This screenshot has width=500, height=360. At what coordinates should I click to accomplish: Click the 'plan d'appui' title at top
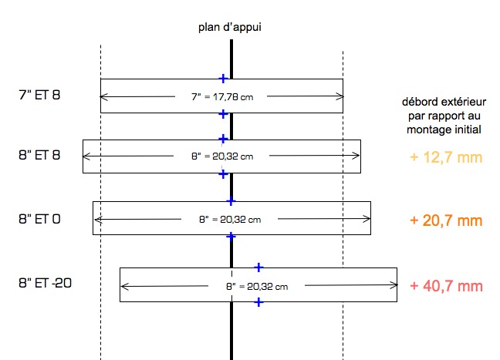tap(231, 29)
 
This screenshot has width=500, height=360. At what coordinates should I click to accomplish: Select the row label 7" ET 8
tap(39, 96)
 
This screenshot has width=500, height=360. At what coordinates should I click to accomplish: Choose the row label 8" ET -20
tap(44, 283)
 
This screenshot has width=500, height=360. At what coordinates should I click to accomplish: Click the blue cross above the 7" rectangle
tap(222, 78)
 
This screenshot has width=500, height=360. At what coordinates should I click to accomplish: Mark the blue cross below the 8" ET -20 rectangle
tap(258, 302)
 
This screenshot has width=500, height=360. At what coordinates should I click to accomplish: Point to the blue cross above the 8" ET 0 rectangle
tap(231, 201)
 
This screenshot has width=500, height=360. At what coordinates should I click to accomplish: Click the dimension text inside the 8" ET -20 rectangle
tap(257, 286)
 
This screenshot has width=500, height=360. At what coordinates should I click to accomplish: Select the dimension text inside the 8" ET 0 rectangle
tap(230, 220)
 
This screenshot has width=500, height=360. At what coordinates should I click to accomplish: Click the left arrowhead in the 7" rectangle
tap(103, 96)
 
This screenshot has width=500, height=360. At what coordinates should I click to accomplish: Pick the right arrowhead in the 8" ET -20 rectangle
tap(394, 286)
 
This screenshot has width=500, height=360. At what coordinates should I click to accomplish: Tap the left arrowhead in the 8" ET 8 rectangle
tap(86, 156)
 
